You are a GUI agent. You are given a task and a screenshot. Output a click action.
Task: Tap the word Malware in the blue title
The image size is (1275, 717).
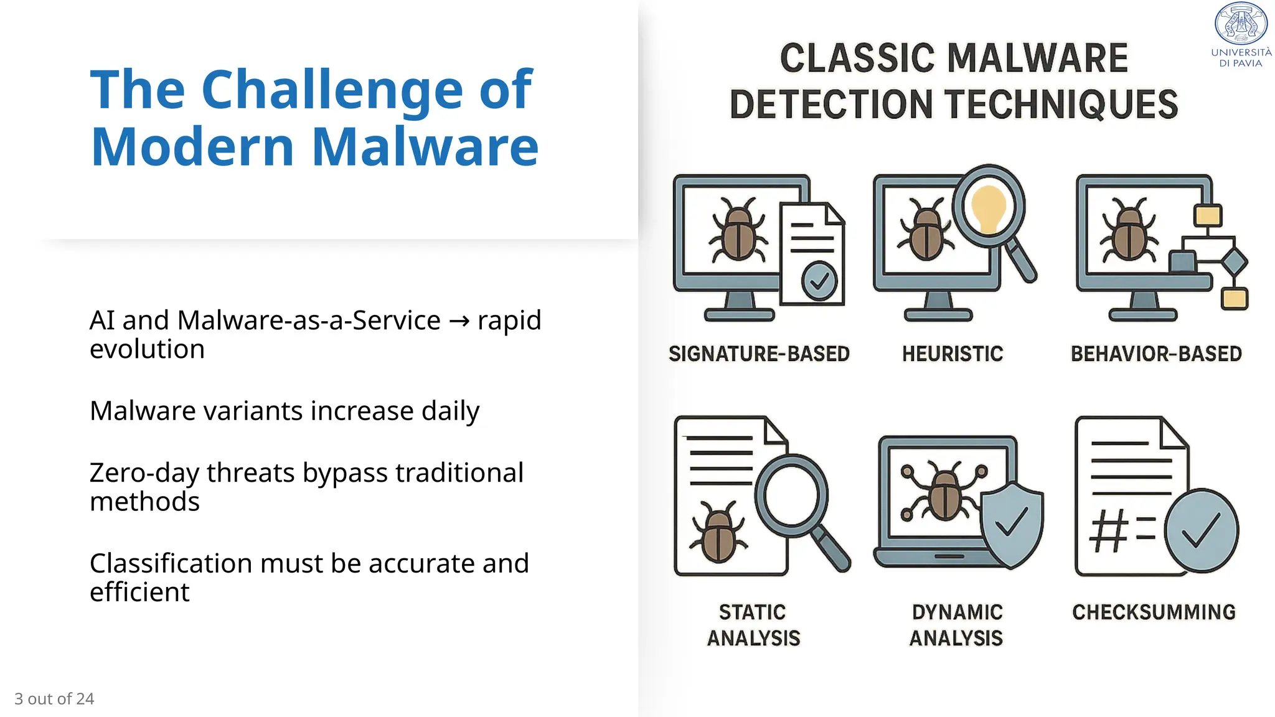click(425, 148)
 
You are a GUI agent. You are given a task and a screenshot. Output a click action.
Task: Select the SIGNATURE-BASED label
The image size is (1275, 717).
click(759, 354)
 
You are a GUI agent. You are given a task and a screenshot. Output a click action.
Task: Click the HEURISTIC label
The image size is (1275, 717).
click(953, 354)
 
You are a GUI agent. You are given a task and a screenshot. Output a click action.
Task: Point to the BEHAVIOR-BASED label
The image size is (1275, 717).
click(1156, 354)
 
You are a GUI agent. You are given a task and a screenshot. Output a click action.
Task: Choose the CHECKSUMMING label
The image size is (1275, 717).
click(1154, 612)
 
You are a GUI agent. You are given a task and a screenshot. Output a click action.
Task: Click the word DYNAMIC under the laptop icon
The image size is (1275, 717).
click(957, 612)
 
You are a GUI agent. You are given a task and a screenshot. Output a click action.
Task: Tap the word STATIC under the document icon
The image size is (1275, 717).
click(752, 612)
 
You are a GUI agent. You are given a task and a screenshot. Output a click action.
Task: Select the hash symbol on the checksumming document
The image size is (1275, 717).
click(1109, 531)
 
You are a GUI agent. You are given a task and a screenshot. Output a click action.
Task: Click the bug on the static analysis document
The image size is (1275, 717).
click(718, 534)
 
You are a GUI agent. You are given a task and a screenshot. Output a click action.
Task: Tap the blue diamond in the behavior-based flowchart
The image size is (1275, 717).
click(1233, 262)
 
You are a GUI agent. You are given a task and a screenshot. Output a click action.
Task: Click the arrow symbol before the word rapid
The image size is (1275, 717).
click(459, 321)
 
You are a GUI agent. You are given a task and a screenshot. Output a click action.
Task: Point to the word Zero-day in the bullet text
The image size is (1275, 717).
click(144, 473)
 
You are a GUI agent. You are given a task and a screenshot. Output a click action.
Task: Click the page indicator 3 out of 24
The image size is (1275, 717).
click(54, 699)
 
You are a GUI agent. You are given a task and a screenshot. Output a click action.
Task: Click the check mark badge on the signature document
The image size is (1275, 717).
click(819, 281)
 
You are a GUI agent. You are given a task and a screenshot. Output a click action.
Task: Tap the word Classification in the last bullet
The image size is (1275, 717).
click(171, 564)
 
